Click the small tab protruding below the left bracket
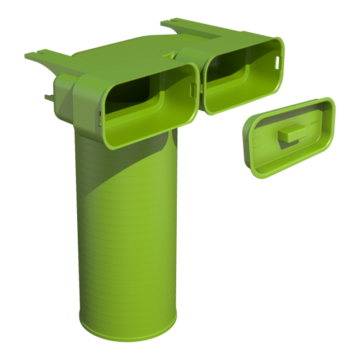click(50, 97)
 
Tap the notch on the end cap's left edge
click(246, 132)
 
